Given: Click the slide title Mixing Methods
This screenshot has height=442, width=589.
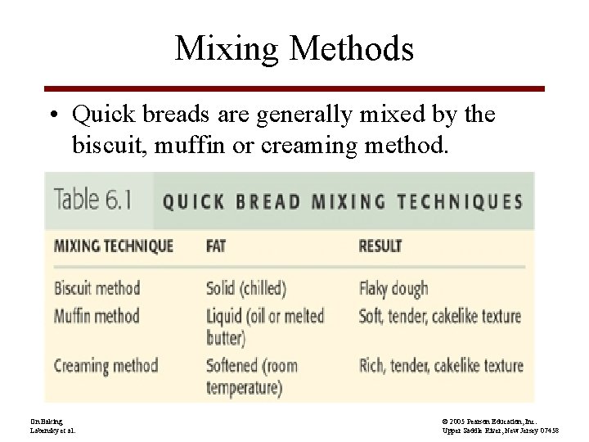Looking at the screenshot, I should (x=294, y=49).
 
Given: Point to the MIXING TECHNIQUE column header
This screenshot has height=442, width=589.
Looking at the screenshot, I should (x=114, y=246).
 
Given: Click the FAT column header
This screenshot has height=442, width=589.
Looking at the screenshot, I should (x=216, y=246).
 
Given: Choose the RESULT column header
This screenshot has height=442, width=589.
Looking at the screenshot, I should (x=380, y=246).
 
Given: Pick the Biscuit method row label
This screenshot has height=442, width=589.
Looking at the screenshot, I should (x=97, y=288).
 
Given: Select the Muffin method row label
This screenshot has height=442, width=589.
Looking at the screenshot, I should (x=97, y=315).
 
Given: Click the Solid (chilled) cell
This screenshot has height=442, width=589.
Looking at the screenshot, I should (x=246, y=288).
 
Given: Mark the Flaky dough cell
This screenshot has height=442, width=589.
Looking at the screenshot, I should (x=393, y=288).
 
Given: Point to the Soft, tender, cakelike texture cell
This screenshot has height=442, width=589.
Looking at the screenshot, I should (x=440, y=315).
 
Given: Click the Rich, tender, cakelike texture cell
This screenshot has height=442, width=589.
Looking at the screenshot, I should (x=440, y=365).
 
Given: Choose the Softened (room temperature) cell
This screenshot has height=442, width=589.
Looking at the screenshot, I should (x=252, y=375).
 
